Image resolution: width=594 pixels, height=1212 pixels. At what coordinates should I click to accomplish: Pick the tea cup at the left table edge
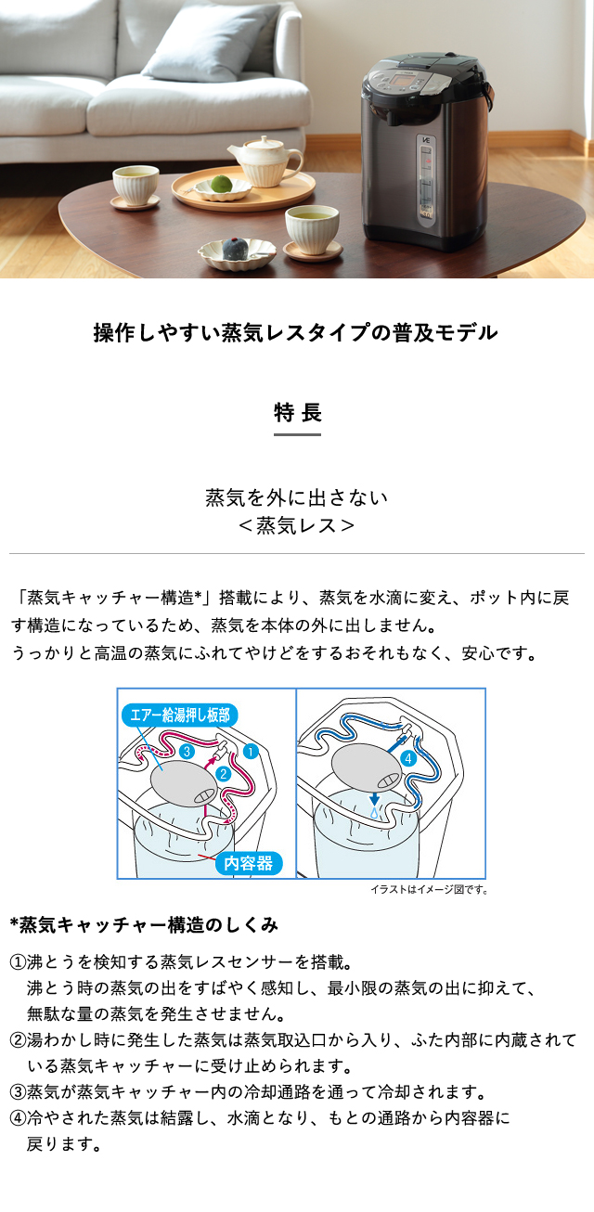(135, 185)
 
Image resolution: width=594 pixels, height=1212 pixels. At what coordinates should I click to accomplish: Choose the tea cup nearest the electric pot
(311, 227)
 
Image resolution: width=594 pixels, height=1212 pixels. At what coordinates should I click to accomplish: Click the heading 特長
(297, 411)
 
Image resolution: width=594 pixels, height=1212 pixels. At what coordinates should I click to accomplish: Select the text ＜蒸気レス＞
(297, 525)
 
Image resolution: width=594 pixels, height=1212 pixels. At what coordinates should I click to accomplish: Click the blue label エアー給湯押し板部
(180, 715)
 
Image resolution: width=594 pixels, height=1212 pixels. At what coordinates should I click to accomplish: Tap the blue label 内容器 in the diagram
(249, 863)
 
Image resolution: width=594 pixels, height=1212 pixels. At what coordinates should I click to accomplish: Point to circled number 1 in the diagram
(250, 751)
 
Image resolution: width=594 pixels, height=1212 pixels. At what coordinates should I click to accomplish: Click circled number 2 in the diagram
(223, 773)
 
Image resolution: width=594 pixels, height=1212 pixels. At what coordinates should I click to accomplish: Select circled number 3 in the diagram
(187, 750)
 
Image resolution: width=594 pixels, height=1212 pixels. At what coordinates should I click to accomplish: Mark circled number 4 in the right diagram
(410, 757)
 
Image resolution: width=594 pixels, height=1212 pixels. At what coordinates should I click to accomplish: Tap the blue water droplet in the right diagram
(372, 813)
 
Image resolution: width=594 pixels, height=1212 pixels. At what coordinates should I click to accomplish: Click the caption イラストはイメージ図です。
(429, 890)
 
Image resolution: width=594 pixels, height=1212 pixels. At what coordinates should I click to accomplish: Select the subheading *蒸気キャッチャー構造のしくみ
(143, 925)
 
